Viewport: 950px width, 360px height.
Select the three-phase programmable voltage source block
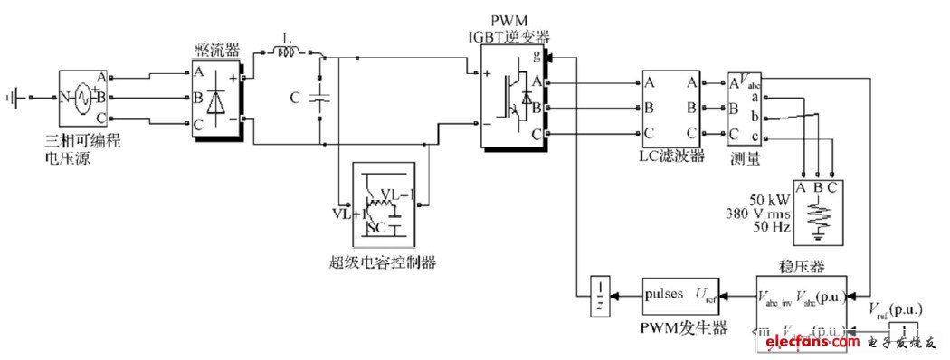[77, 96]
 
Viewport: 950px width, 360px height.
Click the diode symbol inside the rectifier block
[215, 99]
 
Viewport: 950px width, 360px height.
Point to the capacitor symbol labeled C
[317, 97]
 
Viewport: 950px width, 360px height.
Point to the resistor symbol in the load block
[818, 215]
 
